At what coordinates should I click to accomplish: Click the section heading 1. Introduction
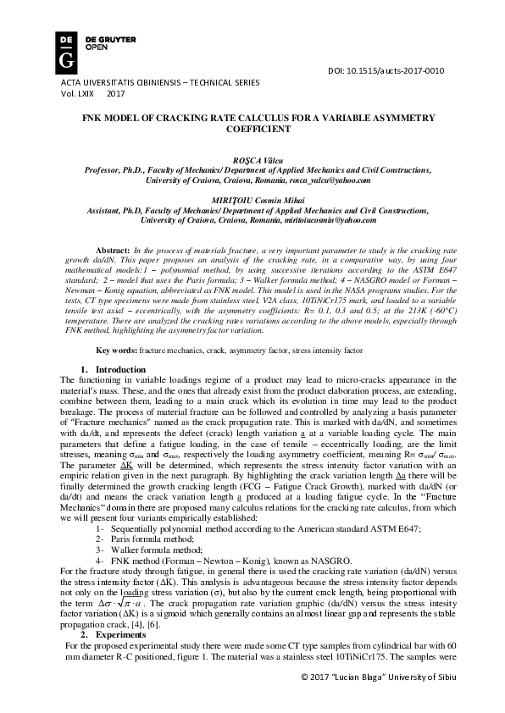tap(114, 369)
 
